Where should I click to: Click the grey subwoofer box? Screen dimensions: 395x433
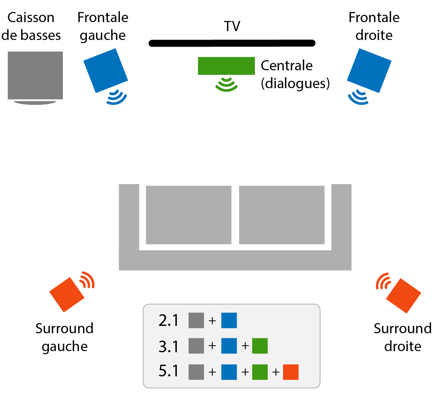point(35,75)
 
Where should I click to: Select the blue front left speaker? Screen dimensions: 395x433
point(106,70)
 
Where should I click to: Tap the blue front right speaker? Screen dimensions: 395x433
point(369,70)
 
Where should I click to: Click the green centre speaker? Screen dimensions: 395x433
point(226,66)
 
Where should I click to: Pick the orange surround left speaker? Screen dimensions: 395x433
point(67,294)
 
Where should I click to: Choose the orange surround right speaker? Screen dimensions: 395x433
point(404,296)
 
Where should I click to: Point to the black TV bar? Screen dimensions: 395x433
point(232,43)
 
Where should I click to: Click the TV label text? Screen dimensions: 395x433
point(232,26)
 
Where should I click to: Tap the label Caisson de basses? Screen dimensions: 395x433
point(34,26)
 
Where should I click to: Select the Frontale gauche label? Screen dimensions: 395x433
point(103,26)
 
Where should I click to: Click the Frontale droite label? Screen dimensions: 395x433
point(374,26)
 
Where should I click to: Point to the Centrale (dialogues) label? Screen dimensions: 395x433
point(295,74)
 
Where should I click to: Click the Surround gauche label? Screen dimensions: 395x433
point(64,337)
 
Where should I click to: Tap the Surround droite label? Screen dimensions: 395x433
point(402,337)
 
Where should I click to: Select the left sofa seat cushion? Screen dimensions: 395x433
point(189,215)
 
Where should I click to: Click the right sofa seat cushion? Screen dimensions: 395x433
point(282,215)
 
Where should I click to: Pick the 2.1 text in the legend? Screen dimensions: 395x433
point(169,321)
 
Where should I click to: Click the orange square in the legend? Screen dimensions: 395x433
point(291,372)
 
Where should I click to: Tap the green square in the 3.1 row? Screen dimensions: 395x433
point(260,346)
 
